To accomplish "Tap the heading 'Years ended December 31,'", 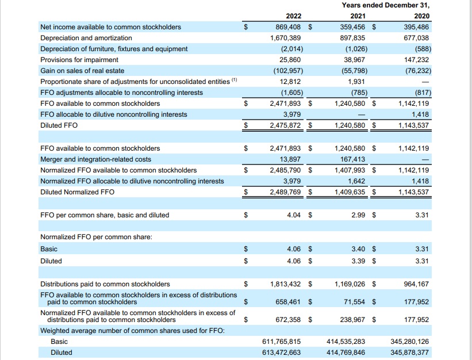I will click(385, 5).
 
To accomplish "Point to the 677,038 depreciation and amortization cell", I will click(413, 38).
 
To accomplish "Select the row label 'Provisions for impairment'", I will click(79, 60).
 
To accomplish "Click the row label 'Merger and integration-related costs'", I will click(96, 159).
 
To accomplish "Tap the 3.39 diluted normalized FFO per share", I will click(359, 261).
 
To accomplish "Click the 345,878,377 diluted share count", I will click(409, 353).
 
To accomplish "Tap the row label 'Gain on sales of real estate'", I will click(83, 71).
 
